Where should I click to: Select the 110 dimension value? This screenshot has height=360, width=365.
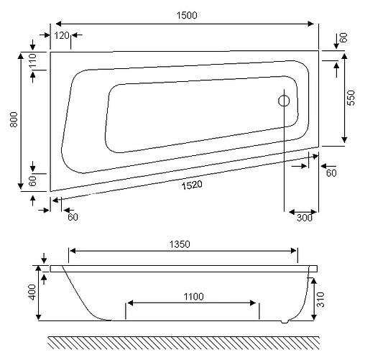click(32, 63)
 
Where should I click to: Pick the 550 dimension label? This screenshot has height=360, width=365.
click(351, 98)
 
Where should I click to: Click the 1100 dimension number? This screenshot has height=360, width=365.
click(193, 296)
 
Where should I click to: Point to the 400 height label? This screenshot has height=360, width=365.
click(32, 292)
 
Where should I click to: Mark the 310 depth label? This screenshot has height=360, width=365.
click(329, 297)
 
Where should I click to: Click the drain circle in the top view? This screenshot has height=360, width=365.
click(285, 101)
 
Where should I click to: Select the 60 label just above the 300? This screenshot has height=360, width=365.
click(331, 172)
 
